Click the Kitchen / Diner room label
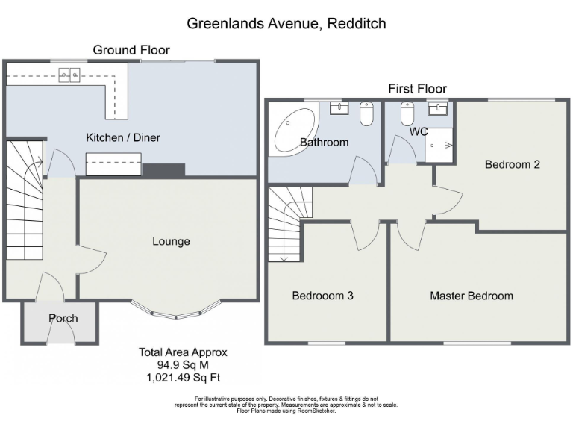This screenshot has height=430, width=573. click(x=123, y=137)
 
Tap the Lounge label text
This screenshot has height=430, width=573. click(x=171, y=241)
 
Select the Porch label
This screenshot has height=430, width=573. click(x=63, y=318)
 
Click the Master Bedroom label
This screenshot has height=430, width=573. click(x=471, y=296)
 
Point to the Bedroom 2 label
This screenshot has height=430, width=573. click(x=512, y=164)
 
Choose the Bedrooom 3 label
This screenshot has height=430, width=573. click(x=322, y=296)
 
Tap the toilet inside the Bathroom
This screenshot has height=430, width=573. click(x=366, y=114)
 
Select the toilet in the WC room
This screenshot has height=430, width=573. click(x=407, y=114)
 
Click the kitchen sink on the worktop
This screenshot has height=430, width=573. click(x=71, y=74)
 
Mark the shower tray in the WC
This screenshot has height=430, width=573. click(x=440, y=145)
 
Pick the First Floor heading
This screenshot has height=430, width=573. click(x=417, y=89)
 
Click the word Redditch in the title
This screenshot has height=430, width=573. click(x=357, y=24)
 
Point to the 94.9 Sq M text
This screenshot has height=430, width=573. click(x=182, y=365)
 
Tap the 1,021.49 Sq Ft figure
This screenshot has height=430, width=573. click(x=183, y=377)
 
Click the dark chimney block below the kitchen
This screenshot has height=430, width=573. click(x=163, y=170)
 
